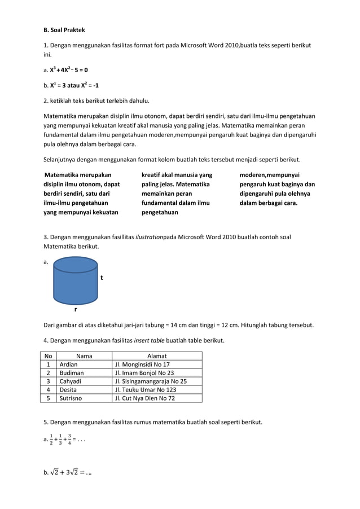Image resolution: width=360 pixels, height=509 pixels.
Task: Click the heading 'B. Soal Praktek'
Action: tap(64, 30)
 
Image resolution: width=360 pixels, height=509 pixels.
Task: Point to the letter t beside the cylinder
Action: tap(102, 278)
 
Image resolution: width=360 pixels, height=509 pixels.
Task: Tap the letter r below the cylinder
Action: tap(76, 309)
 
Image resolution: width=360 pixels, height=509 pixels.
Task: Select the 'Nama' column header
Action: tap(84, 356)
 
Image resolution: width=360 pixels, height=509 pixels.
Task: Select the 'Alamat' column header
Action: tap(157, 356)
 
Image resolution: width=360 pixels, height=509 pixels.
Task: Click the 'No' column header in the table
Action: tap(49, 356)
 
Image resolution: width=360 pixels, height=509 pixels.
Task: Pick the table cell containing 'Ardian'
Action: tap(69, 365)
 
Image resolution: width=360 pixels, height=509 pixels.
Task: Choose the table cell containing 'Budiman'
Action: tap(72, 373)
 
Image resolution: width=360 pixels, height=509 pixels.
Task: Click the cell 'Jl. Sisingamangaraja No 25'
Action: tap(151, 381)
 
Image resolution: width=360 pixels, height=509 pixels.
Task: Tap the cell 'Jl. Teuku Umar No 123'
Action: tap(145, 389)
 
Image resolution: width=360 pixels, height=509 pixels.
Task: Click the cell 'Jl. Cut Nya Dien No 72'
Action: tap(145, 398)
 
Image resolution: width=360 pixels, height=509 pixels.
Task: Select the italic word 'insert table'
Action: tap(151, 340)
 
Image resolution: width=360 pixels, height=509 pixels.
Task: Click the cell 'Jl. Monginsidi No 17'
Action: tap(142, 365)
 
